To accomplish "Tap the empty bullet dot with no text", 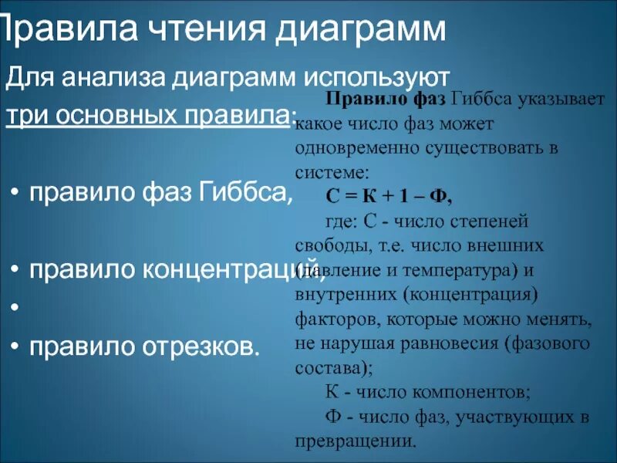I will [x=15, y=308].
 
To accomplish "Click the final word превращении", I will [x=355, y=442].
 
